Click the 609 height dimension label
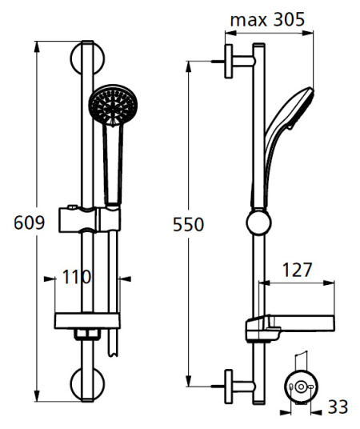click(29, 223)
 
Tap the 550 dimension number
click(189, 225)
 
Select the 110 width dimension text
click(77, 277)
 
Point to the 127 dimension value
click(297, 271)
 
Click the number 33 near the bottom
click(338, 407)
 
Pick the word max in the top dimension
click(248, 20)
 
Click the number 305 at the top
click(289, 19)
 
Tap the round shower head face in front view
click(114, 106)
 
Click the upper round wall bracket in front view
click(87, 58)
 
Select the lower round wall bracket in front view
click(87, 383)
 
